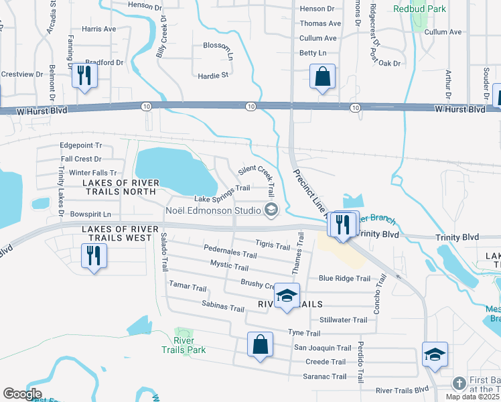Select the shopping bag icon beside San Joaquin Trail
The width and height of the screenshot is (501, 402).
pyautogui.click(x=261, y=345)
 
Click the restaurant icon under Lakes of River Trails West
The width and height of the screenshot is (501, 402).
pyautogui.click(x=93, y=256)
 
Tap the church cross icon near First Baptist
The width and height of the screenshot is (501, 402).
pyautogui.click(x=459, y=383)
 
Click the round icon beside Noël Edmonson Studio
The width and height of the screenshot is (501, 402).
pyautogui.click(x=271, y=211)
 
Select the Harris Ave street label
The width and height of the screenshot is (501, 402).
pyautogui.click(x=98, y=29)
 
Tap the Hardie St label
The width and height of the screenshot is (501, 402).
pyautogui.click(x=213, y=75)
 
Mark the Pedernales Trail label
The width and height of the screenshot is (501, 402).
pyautogui.click(x=231, y=255)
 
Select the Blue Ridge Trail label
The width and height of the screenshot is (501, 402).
pyautogui.click(x=344, y=278)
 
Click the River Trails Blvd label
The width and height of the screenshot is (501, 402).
pyautogui.click(x=402, y=390)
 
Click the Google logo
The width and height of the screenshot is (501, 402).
pyautogui.click(x=22, y=394)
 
